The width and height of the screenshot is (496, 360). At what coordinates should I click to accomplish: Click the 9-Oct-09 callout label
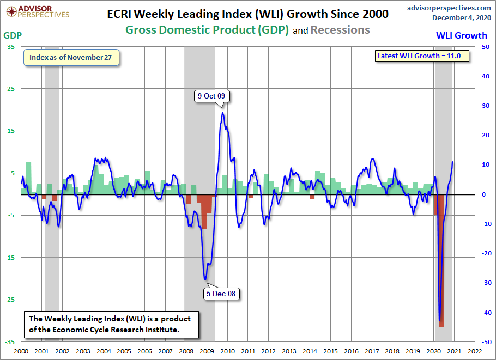pyautogui.click(x=214, y=96)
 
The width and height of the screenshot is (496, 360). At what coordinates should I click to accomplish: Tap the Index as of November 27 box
pyautogui.click(x=71, y=58)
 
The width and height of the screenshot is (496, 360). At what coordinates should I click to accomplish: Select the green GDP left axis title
pyautogui.click(x=13, y=35)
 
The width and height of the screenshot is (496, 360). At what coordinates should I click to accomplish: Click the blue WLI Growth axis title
pyautogui.click(x=462, y=35)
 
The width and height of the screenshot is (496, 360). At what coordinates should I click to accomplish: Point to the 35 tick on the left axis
pyautogui.click(x=11, y=47)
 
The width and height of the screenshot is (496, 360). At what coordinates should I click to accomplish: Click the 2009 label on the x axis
pyautogui.click(x=207, y=352)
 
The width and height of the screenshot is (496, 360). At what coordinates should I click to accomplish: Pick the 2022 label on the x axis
pyautogui.click(x=474, y=352)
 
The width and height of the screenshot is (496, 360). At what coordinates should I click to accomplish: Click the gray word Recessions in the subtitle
pyautogui.click(x=340, y=30)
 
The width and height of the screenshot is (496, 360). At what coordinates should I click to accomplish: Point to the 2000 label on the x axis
pyautogui.click(x=21, y=352)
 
